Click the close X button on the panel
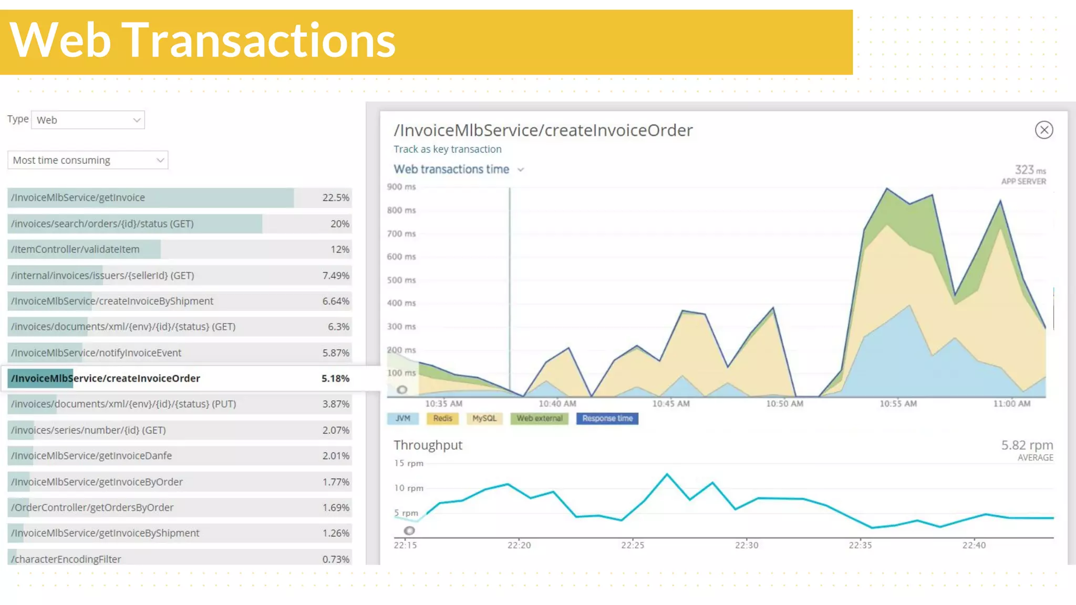click(x=1043, y=130)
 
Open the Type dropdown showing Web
click(x=88, y=120)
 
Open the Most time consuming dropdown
click(x=88, y=160)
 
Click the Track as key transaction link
click(x=447, y=149)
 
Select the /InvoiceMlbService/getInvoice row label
click(x=78, y=197)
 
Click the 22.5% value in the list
click(x=335, y=197)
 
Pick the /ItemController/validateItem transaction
click(x=75, y=249)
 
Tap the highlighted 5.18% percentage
click(x=335, y=378)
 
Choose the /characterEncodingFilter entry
click(x=66, y=559)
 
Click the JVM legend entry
click(x=402, y=419)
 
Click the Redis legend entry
click(x=442, y=419)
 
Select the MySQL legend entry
click(x=484, y=419)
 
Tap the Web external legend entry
click(x=539, y=419)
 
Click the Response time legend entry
click(x=607, y=419)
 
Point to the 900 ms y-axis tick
click(x=401, y=187)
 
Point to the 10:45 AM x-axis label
click(x=670, y=404)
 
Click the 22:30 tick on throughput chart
click(x=746, y=545)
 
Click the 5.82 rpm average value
click(x=1027, y=445)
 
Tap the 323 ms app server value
click(x=1029, y=170)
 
